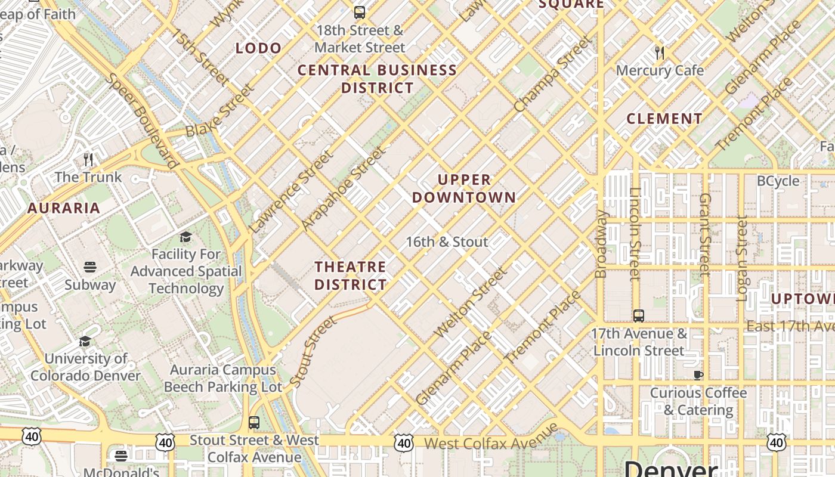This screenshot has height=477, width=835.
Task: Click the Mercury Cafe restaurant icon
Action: (x=660, y=52)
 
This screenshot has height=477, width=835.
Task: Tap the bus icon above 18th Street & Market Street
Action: (x=360, y=12)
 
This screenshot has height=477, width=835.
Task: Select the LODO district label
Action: (x=258, y=48)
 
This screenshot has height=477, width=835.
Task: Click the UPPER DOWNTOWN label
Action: (x=464, y=188)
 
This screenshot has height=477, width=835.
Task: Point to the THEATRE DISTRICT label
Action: (x=351, y=275)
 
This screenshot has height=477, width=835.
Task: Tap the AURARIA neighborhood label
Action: (x=64, y=208)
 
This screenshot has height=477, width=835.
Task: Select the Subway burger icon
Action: (x=90, y=267)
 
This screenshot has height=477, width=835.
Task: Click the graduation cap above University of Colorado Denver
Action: (x=85, y=341)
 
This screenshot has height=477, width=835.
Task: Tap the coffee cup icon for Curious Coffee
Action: (x=698, y=375)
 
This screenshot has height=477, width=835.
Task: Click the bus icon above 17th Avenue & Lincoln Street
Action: (x=639, y=315)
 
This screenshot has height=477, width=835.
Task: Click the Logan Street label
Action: (x=742, y=258)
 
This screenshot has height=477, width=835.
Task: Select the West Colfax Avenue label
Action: (x=491, y=439)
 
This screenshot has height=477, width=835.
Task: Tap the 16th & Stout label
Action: (x=447, y=242)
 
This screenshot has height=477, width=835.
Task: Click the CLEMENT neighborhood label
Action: (x=664, y=119)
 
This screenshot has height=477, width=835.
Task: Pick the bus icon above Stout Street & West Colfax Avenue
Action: (x=254, y=423)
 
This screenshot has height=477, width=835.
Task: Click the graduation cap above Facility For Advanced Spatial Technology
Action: (x=186, y=237)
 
